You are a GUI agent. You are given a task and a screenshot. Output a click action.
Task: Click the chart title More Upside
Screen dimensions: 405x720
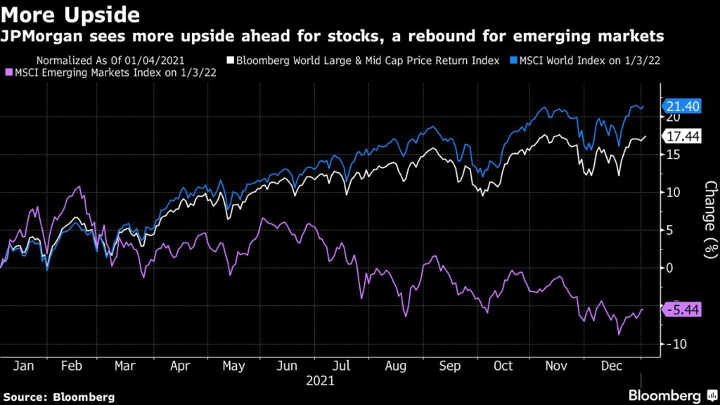point(70,14)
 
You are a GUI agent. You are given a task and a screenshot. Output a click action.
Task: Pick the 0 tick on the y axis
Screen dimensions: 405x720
point(669,268)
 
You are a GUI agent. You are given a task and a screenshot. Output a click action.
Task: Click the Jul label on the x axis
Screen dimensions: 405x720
point(342,366)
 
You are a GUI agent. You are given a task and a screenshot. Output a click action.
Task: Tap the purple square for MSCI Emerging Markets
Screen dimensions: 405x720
point(8,72)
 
